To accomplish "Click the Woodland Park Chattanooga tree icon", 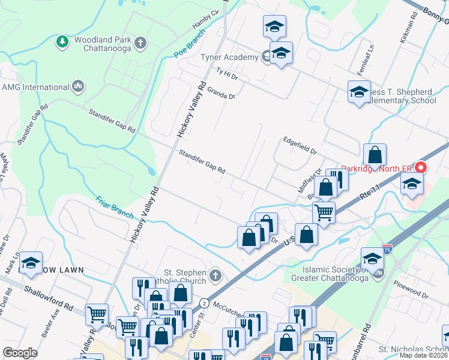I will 61,41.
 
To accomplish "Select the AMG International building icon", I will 77,87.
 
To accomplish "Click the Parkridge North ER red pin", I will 421,169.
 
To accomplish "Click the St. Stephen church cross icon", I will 215,277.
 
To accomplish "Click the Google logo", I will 20,353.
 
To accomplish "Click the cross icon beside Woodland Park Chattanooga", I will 140,42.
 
